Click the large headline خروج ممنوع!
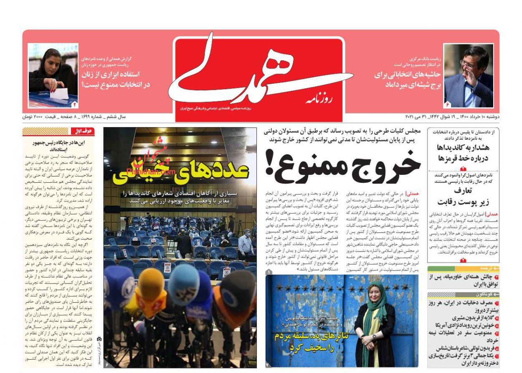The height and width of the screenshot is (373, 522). coord(342,165)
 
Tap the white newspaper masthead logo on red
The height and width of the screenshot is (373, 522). coord(259,75)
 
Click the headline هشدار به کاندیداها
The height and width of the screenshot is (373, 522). coord(463,153)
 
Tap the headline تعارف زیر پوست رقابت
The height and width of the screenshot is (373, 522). coord(463,197)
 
